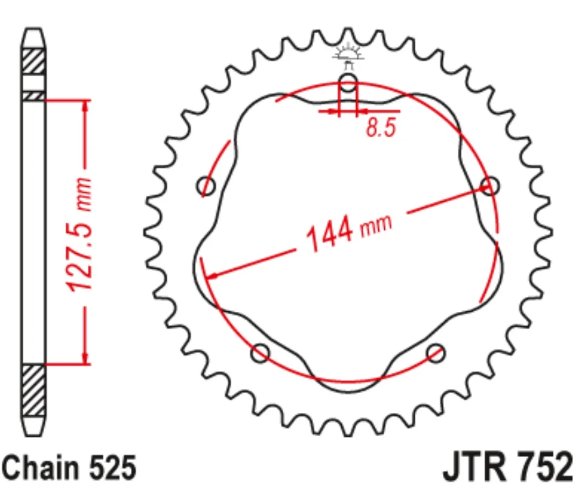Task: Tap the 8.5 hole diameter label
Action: click(380, 127)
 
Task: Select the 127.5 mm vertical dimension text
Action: click(78, 234)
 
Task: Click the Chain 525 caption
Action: click(69, 467)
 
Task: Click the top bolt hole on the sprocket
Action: click(348, 82)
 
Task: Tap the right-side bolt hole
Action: click(490, 185)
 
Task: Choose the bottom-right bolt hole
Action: click(436, 353)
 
